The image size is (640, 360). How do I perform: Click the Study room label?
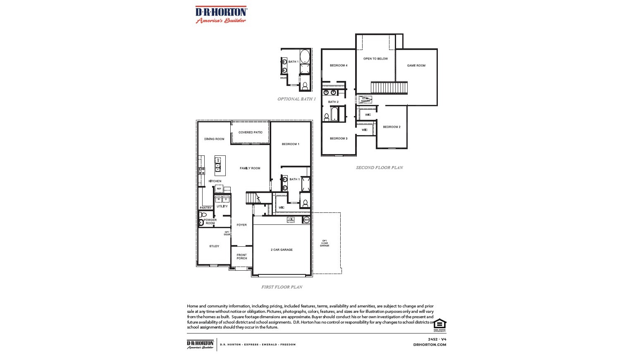(214, 246)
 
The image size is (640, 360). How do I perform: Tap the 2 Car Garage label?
(282, 250)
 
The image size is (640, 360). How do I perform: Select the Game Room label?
(416, 66)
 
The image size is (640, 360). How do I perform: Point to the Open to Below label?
(375, 59)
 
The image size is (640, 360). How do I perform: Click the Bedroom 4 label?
(338, 66)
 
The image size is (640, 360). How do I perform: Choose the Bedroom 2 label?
(392, 127)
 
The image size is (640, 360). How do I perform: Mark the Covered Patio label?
(250, 133)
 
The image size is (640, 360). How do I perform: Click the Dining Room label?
(214, 139)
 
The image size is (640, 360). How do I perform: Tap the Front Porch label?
(242, 257)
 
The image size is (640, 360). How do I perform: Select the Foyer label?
(241, 225)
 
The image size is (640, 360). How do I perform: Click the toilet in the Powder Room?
(203, 215)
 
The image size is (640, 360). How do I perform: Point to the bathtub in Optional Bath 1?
(305, 56)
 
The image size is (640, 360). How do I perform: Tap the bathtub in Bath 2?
(334, 114)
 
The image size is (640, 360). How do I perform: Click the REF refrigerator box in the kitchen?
(219, 189)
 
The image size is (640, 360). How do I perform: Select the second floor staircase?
(389, 88)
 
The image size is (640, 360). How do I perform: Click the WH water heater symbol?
(306, 220)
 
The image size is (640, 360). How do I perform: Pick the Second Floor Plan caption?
(380, 168)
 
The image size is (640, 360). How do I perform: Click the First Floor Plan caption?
(282, 287)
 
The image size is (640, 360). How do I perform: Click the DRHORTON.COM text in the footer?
(430, 345)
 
